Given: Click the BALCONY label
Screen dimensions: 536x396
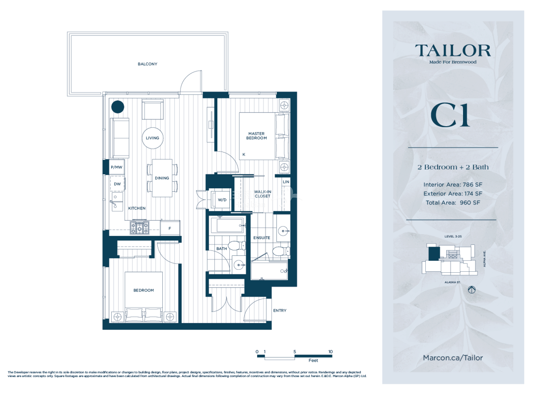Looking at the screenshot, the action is coord(147,64).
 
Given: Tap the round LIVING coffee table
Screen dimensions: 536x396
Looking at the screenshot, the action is coord(152,138).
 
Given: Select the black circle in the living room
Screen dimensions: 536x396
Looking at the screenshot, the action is coord(118,107).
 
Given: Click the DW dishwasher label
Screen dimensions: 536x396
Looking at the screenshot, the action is coord(117,184).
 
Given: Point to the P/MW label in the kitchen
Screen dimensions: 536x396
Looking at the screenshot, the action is coord(117,167).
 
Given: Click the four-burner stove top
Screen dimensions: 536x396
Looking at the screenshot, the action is coord(139,228).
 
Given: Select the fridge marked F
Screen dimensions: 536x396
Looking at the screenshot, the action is coord(170,228).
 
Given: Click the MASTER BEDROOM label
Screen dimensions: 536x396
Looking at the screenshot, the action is coord(257,136).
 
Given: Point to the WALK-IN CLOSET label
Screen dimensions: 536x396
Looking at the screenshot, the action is coord(263,194).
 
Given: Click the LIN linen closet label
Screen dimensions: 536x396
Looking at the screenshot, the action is coord(286,182).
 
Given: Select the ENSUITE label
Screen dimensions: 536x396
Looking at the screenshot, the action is coord(262,238).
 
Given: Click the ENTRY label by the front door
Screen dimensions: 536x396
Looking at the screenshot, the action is coord(279,311).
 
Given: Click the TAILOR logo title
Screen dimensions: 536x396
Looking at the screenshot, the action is coord(453,51).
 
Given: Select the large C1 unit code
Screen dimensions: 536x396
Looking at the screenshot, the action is coord(450,115).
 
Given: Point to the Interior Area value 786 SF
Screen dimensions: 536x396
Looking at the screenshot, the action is coord(472,184).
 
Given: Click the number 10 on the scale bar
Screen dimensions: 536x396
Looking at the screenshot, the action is coord(330,351).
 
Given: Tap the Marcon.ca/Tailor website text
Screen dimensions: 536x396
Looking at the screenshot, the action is coord(453,358).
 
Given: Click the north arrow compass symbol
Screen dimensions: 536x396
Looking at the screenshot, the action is coord(472,290).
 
